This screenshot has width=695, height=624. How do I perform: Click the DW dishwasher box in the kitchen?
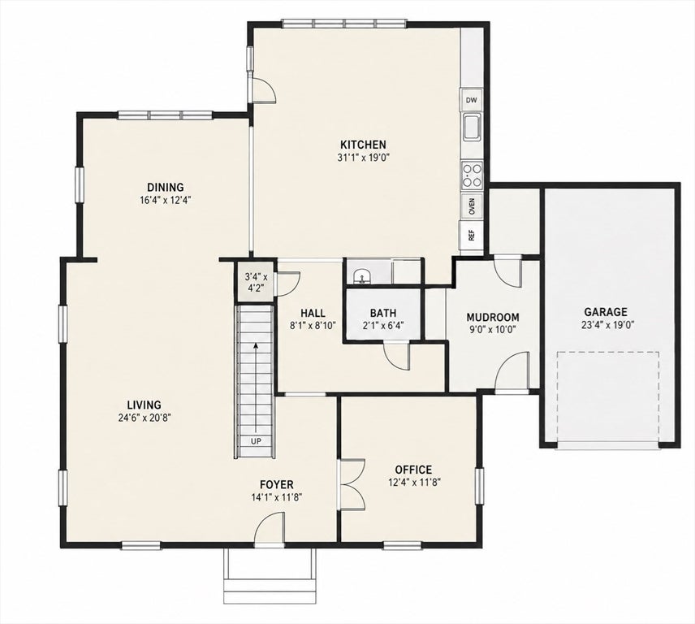[471, 100]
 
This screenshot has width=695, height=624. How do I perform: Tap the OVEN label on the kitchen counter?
[472, 206]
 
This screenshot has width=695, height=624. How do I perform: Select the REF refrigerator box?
[472, 235]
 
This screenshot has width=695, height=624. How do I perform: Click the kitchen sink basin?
[472, 127]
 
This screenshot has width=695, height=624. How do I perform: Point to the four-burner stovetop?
[472, 175]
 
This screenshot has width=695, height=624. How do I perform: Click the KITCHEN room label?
[363, 145]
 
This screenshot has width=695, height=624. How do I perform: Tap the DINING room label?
[166, 187]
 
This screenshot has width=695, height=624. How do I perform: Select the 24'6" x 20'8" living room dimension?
[144, 418]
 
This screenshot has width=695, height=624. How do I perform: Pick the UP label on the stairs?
[256, 441]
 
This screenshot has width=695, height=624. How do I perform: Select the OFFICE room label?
[413, 470]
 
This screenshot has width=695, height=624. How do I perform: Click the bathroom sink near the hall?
[363, 276]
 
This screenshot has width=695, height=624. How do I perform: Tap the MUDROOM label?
[493, 318]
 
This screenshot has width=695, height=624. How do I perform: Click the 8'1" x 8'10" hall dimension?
[313, 325]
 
